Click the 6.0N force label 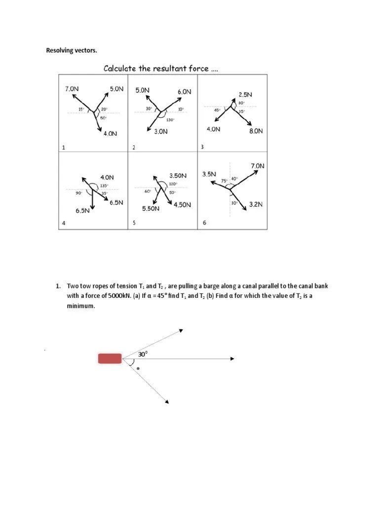tap(185, 92)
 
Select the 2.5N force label tap(245, 94)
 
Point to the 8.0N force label tap(256, 131)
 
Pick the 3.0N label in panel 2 tap(161, 132)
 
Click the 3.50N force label tap(178, 176)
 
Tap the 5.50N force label tap(151, 209)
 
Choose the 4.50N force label tap(182, 205)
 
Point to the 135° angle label tap(104, 186)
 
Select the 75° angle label tap(224, 181)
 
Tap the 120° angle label tap(173, 184)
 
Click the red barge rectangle tap(110, 359)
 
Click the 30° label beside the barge tap(143, 354)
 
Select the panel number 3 tap(202, 147)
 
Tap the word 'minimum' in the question tap(81, 306)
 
